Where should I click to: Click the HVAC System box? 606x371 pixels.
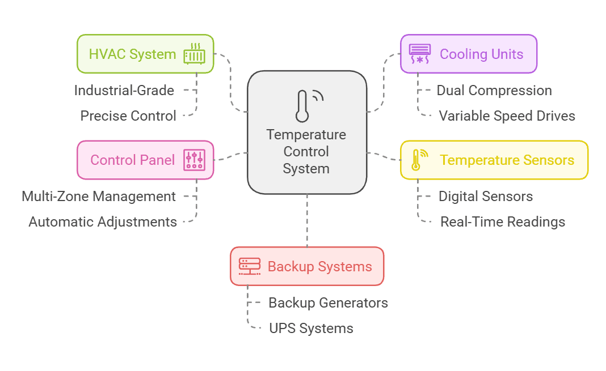145,54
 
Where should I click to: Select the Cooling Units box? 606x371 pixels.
468,54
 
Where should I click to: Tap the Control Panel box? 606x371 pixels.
145,160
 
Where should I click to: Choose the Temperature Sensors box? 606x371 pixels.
494,160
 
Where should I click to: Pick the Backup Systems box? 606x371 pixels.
306,266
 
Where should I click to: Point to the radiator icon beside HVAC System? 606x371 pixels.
194,54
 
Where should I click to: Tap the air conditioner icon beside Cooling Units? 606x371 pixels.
420,54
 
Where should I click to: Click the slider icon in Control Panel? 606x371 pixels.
194,160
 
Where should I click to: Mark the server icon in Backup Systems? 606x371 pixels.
249,266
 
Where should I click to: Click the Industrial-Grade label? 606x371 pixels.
124,90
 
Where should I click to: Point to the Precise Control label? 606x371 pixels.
128,116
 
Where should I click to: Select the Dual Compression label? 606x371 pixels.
494,90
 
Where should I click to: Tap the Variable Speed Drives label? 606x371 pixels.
507,116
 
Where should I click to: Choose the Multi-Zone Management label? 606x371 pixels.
99,197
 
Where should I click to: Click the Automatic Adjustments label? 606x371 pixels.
103,221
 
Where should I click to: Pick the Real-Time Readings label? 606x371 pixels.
503,221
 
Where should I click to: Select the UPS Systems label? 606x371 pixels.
311,328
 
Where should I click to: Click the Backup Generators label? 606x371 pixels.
328,302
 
